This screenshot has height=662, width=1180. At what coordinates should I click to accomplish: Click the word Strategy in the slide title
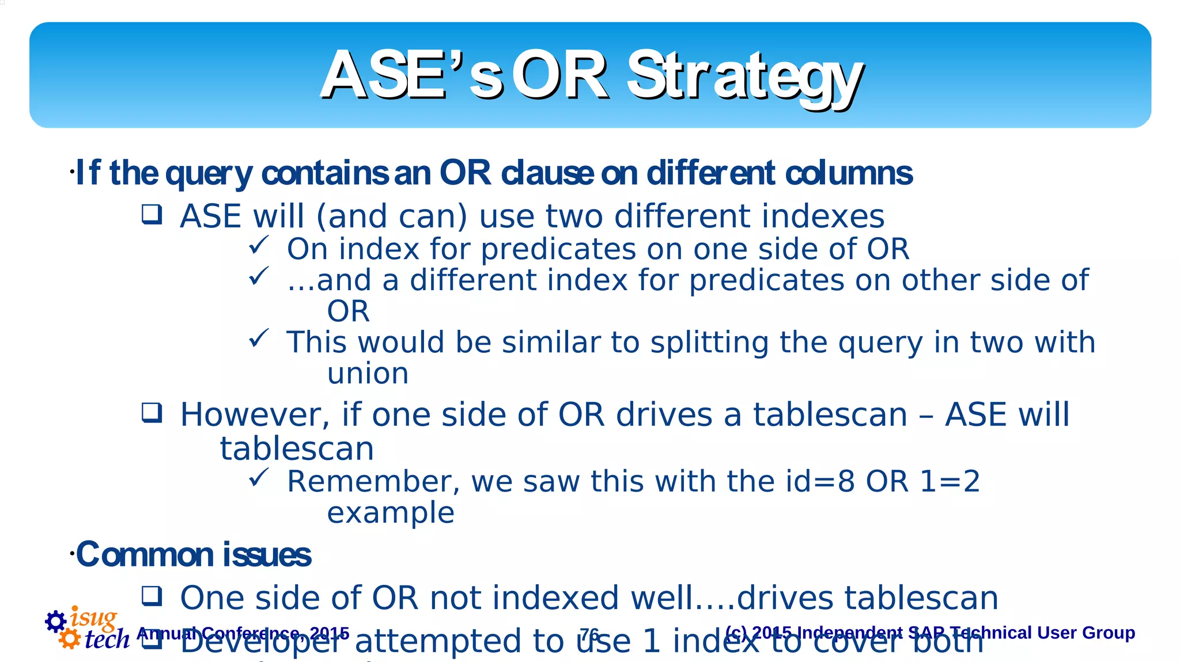[744, 77]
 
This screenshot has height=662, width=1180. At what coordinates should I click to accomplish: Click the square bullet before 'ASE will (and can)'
[152, 215]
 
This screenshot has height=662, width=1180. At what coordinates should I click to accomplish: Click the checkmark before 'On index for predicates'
[258, 246]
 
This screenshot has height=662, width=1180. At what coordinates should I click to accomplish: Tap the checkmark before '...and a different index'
[258, 277]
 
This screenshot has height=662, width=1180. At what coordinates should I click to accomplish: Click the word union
[368, 374]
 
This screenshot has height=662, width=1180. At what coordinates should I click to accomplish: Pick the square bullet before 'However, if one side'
[152, 413]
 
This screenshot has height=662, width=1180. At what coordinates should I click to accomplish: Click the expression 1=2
[950, 481]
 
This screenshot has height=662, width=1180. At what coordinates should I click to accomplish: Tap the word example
[391, 512]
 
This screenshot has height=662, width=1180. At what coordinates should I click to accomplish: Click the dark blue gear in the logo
[56, 621]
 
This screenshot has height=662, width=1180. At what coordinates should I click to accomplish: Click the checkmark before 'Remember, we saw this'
[258, 478]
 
